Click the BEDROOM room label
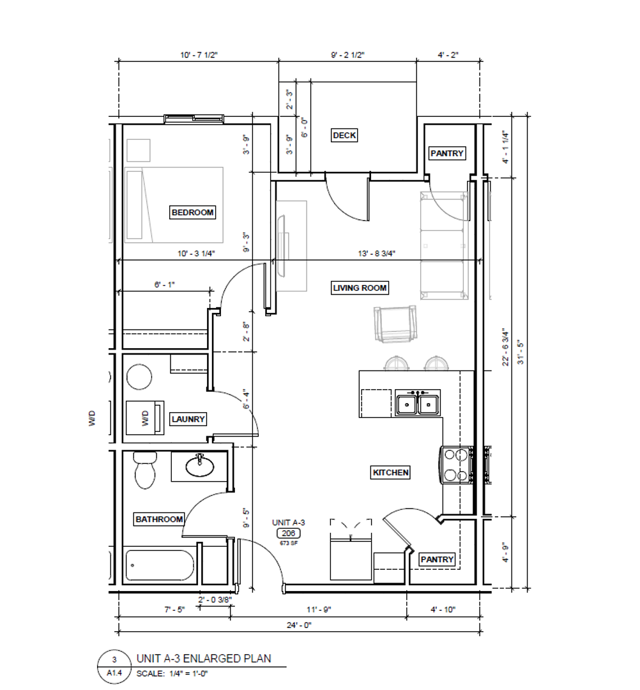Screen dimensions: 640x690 (193, 213)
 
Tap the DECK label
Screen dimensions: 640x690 (344, 135)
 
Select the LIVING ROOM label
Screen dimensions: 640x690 (360, 287)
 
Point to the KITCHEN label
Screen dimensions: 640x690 (391, 473)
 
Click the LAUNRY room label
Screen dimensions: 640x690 (188, 419)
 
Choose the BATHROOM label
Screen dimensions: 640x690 (159, 519)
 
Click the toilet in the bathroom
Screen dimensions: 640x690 (145, 470)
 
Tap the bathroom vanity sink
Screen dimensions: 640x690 (200, 466)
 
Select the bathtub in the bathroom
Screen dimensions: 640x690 (159, 565)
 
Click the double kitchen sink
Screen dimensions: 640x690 (418, 402)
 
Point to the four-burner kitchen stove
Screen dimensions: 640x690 (457, 464)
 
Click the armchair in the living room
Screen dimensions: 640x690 (395, 325)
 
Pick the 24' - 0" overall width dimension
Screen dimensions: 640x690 (299, 625)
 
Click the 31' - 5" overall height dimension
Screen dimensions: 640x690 (521, 351)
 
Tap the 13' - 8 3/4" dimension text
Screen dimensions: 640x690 (376, 254)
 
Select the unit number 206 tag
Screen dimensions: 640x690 (288, 533)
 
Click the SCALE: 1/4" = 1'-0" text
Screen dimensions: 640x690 (172, 673)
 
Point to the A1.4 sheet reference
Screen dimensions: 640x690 (114, 673)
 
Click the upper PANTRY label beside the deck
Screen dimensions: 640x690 (447, 153)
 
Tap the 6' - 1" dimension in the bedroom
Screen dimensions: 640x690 (165, 285)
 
